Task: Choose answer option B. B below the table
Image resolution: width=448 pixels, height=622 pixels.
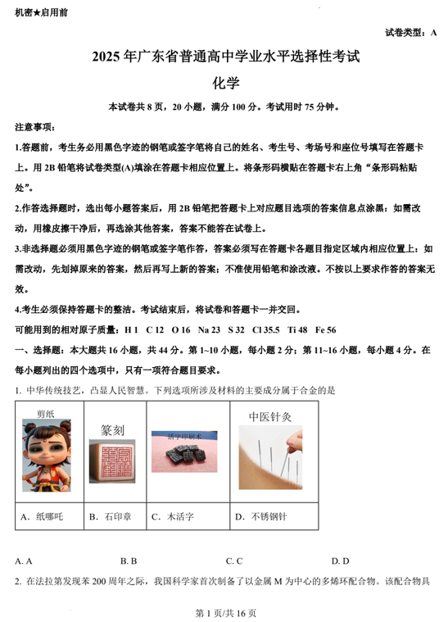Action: (x=128, y=561)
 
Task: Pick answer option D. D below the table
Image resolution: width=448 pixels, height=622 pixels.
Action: (x=341, y=561)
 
